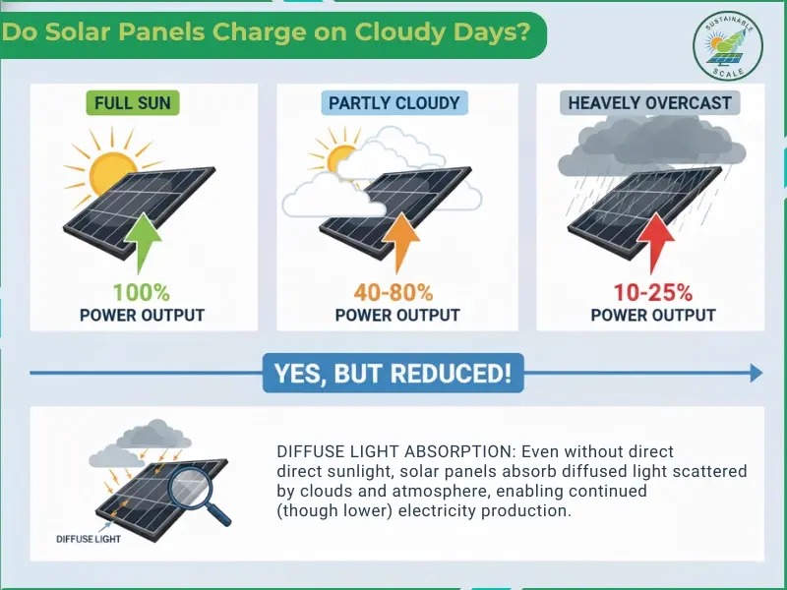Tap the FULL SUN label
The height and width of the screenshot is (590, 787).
pyautogui.click(x=133, y=102)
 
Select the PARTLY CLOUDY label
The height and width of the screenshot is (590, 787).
pyautogui.click(x=393, y=102)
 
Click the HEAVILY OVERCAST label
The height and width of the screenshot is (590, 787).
pyautogui.click(x=650, y=102)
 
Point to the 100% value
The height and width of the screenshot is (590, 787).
pyautogui.click(x=142, y=292)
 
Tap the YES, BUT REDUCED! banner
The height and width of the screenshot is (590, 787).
pyautogui.click(x=393, y=373)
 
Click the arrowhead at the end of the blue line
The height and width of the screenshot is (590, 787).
pyautogui.click(x=756, y=373)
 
